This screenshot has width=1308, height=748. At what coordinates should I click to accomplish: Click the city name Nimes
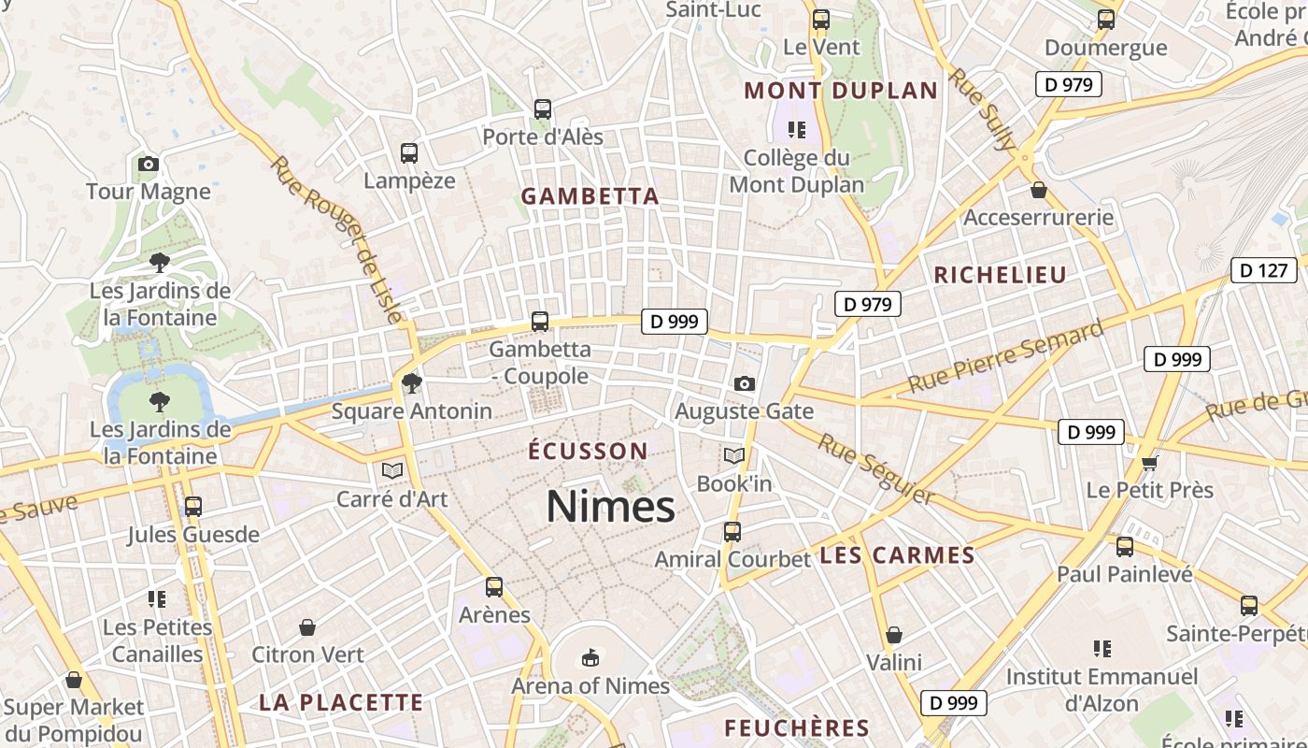[x=610, y=507]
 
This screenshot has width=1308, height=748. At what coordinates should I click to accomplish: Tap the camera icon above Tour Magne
[x=148, y=165]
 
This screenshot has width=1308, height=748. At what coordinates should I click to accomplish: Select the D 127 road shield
[x=1264, y=271]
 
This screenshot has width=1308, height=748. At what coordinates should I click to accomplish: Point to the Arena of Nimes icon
[x=590, y=658]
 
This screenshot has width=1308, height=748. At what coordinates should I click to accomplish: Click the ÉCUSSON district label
[x=588, y=452]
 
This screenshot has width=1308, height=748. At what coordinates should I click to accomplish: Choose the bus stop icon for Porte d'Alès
[x=542, y=109]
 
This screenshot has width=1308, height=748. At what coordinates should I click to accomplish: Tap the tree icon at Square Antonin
[x=410, y=382]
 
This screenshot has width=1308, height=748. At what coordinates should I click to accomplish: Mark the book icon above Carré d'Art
[x=392, y=470]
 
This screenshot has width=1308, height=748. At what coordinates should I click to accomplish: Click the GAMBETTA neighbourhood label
[x=590, y=196]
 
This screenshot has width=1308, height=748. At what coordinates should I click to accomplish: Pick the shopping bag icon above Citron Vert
[x=307, y=626]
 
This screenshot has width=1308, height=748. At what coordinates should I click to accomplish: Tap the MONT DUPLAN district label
[x=840, y=91]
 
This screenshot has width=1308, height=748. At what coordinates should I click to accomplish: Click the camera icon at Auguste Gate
[x=744, y=383]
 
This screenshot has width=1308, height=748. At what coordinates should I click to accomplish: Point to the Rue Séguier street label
[x=875, y=469]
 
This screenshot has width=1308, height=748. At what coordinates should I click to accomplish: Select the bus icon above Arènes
[x=494, y=587]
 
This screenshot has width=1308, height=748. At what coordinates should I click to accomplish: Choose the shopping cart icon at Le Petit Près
[x=1149, y=463]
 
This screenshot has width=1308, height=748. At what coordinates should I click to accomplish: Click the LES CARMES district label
[x=897, y=555]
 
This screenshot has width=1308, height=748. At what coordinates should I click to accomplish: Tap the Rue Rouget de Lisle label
[x=340, y=239]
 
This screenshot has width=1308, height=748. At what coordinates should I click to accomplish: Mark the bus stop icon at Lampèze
[x=408, y=153]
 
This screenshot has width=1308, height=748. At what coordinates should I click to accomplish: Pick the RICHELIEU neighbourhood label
[x=1000, y=275]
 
